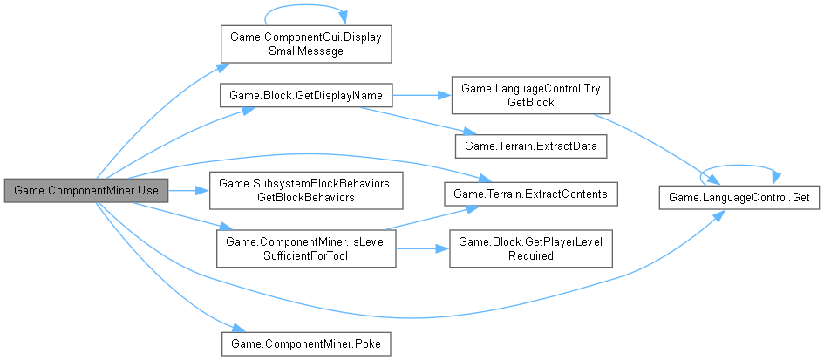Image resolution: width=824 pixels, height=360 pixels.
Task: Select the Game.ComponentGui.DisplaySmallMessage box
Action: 306,44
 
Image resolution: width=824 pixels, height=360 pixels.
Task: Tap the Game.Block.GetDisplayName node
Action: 306,93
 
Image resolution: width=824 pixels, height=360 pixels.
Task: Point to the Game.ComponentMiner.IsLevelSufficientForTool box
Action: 306,249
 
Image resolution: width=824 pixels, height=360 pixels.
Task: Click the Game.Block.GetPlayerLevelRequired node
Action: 531,249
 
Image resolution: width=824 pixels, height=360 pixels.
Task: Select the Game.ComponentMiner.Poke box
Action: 305,344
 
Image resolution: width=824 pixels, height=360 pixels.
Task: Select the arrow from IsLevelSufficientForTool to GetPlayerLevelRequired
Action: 422,249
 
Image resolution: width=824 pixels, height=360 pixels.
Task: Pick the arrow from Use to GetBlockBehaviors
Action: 188,191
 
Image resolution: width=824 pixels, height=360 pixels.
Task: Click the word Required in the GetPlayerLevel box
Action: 531,256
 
